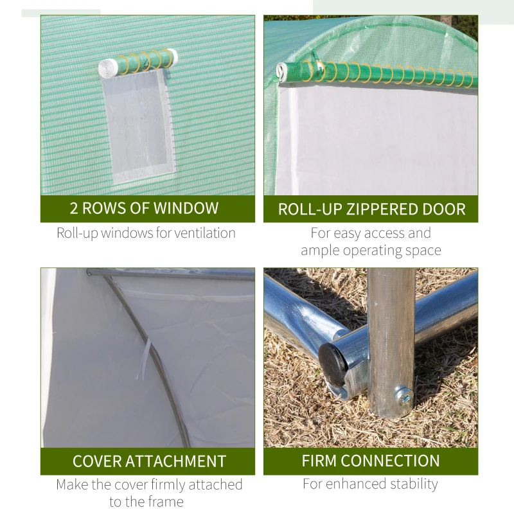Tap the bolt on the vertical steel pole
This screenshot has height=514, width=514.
[x=403, y=393]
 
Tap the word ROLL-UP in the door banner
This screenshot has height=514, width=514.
[x=305, y=209]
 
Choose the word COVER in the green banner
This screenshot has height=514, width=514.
[x=96, y=461]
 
